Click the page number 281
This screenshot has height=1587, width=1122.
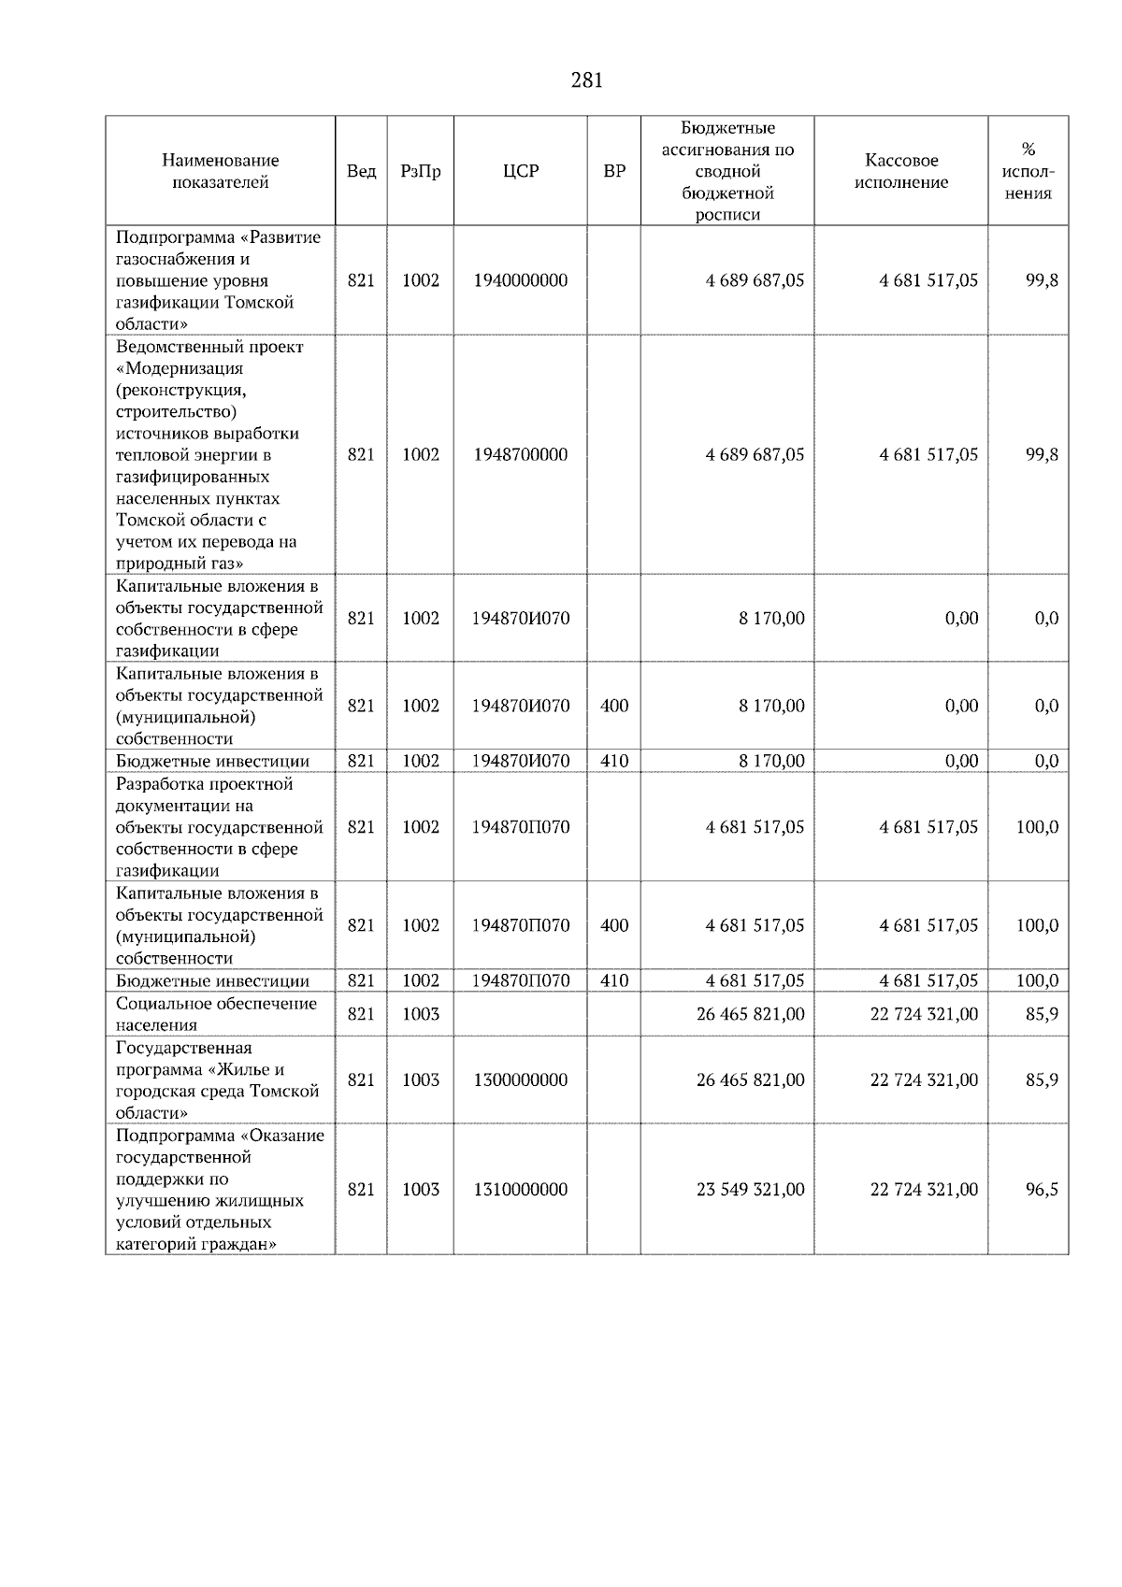pos(586,80)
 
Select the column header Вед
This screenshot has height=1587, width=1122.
pos(361,171)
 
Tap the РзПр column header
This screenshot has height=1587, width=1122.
pos(420,171)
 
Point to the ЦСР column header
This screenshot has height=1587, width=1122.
pos(520,171)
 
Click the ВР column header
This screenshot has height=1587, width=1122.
pos(614,171)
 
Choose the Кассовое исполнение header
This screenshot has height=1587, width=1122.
pos(900,171)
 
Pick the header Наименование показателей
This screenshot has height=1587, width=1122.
pos(220,171)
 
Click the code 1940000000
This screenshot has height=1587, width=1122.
pos(520,280)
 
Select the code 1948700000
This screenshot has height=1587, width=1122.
pos(520,454)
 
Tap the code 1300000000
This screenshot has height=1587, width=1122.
pos(520,1079)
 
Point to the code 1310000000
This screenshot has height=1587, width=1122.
pos(520,1190)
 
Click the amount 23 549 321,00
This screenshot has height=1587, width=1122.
pos(750,1190)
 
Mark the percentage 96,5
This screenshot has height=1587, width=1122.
pos(1042,1190)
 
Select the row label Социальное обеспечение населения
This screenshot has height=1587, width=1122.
pos(216,1014)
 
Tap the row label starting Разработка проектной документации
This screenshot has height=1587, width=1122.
pos(220,827)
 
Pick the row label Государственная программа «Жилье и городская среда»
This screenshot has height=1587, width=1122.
pos(217,1079)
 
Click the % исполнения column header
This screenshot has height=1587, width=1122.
pos(1028,171)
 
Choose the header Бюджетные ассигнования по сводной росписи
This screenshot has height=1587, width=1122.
pos(727,171)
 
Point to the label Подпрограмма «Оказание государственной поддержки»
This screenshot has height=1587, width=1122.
pos(220,1190)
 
